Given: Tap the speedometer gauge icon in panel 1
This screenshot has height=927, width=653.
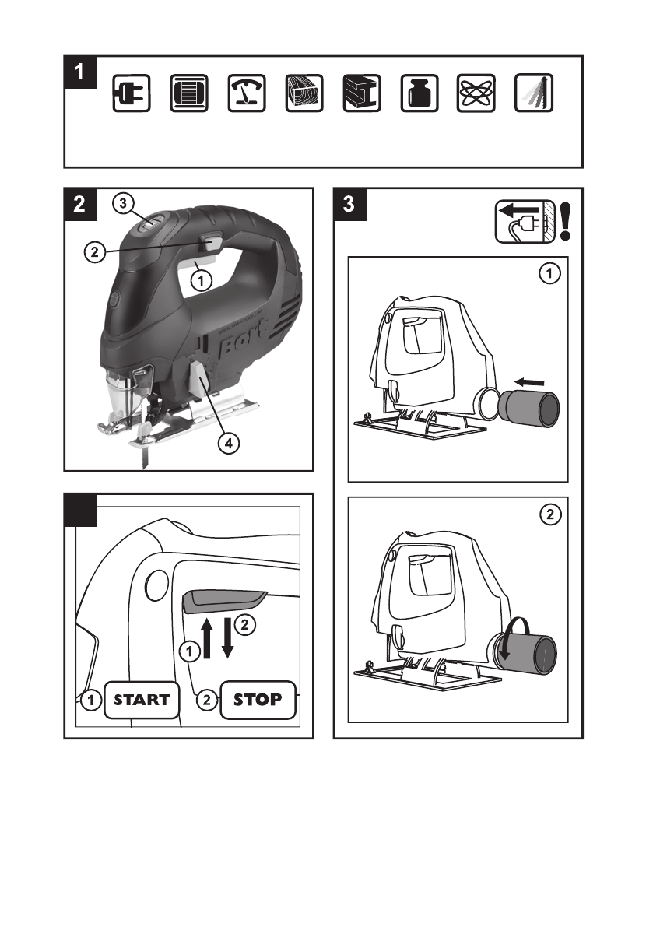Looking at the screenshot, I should click(x=246, y=94).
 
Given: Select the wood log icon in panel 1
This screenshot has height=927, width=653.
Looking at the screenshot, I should click(x=304, y=94).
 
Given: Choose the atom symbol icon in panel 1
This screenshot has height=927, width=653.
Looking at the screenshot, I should click(x=476, y=94).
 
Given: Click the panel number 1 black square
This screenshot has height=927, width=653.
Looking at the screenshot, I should click(x=80, y=72).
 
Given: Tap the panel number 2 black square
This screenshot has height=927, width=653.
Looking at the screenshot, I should click(x=80, y=205).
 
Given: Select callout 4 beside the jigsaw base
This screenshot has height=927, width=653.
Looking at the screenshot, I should click(x=228, y=444).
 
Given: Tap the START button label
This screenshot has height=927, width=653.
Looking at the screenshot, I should click(x=142, y=699).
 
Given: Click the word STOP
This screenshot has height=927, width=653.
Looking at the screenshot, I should click(x=258, y=699).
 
